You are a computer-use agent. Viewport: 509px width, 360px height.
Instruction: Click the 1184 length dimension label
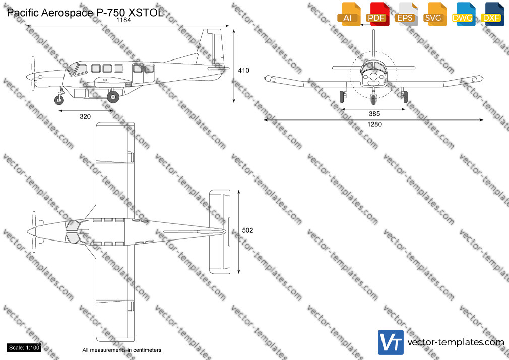[123, 20]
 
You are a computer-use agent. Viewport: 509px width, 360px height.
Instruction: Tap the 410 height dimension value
[243, 70]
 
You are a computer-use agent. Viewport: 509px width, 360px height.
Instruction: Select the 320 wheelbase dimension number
[85, 117]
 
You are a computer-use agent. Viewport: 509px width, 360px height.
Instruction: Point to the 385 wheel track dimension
[374, 114]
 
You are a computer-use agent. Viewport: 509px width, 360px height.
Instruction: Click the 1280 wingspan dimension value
[374, 124]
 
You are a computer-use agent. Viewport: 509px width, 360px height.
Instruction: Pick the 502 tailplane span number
[247, 231]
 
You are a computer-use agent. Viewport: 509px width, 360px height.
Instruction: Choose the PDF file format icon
[377, 14]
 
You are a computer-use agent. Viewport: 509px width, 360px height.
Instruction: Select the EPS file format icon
[406, 14]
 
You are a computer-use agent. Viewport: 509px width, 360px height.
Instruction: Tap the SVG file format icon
[434, 14]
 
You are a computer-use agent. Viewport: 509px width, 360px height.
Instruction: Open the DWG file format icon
[463, 14]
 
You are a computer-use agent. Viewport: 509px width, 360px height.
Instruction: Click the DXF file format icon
[492, 14]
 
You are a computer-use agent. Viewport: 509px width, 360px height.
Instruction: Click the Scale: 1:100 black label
[24, 348]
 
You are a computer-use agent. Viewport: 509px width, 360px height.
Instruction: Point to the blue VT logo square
[391, 342]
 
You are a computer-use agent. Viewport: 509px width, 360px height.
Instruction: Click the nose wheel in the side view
[59, 100]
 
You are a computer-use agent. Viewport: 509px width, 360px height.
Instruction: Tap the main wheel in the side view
[113, 96]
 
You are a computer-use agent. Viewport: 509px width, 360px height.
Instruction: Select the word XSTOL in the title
[146, 13]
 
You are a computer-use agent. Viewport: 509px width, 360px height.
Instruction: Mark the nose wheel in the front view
[373, 99]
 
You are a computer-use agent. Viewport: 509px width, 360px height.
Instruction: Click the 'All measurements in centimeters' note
[122, 350]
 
